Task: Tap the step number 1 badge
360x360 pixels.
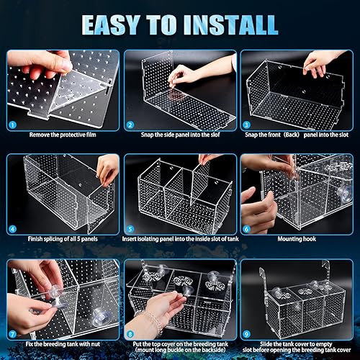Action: [12, 124]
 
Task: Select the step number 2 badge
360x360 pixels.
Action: [129, 124]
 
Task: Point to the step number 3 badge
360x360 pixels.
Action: [246, 124]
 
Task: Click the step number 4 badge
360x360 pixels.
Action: [12, 229]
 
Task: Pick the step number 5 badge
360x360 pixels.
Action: [129, 229]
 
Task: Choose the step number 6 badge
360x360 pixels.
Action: [246, 229]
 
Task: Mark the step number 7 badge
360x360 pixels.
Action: [12, 333]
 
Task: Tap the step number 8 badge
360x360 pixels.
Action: [129, 333]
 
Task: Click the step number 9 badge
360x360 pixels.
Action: [246, 333]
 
